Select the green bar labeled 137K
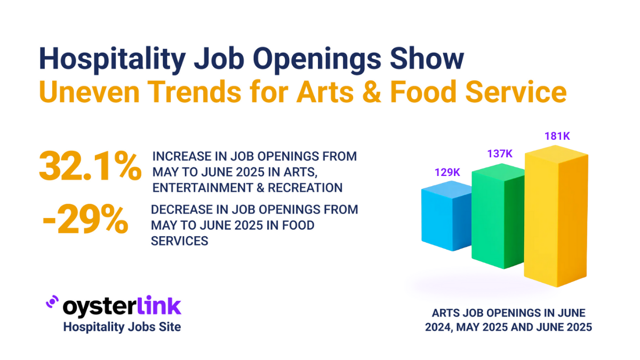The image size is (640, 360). click(496, 219)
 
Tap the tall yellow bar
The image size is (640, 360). click(555, 219)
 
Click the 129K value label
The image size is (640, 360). click(447, 173)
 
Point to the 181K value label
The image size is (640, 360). click(557, 136)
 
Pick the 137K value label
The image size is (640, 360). click(499, 154)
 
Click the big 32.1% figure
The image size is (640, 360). click(90, 167)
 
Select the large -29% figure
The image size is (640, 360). click(85, 220)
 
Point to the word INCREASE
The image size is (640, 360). click(181, 156)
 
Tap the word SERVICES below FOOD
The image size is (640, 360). click(179, 241)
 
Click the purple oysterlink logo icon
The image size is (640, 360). click(52, 302)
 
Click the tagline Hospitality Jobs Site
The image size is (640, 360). click(122, 326)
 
